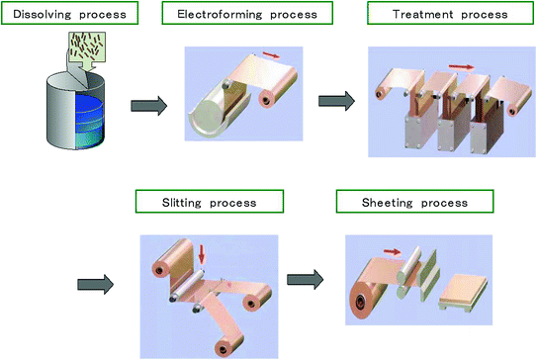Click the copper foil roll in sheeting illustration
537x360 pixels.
(368, 301)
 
